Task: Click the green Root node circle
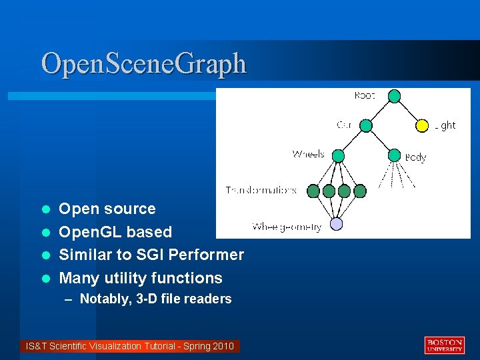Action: [x=394, y=97]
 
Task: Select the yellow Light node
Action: [x=422, y=125]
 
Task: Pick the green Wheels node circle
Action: [x=338, y=156]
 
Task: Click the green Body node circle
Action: [x=394, y=156]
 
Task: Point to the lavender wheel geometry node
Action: [x=337, y=225]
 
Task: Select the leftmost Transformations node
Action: [x=313, y=191]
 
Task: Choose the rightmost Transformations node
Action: [x=360, y=191]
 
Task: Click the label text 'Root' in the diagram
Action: [x=365, y=96]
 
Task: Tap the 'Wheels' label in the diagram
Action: [x=308, y=154]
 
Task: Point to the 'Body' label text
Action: [x=415, y=157]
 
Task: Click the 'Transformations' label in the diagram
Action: [x=261, y=190]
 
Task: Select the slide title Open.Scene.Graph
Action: [x=143, y=64]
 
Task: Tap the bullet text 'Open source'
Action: [x=107, y=209]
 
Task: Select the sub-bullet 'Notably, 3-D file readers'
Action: [x=155, y=299]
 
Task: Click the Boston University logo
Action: [x=444, y=345]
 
